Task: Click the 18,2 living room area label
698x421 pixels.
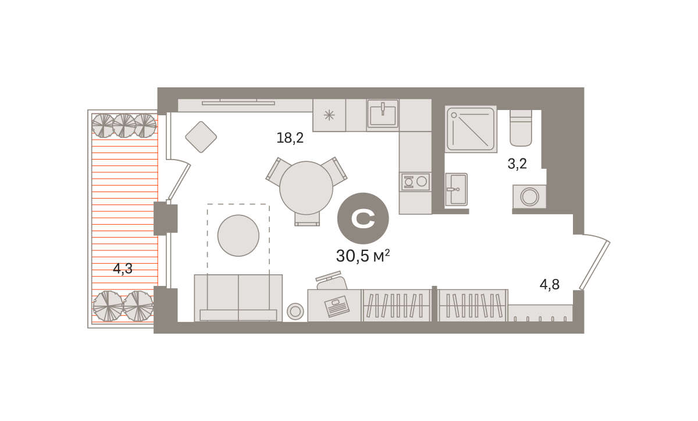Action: click(x=290, y=138)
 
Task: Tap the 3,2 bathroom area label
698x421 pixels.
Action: click(x=517, y=164)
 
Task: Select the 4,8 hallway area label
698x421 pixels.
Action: click(x=550, y=284)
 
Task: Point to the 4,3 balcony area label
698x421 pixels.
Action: click(x=123, y=268)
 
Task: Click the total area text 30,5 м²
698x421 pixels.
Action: click(x=363, y=256)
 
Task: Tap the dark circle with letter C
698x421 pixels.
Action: click(x=363, y=218)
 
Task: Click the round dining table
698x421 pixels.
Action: click(x=307, y=188)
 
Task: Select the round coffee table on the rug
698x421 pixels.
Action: click(x=238, y=235)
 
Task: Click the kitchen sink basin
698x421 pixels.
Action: click(x=383, y=114)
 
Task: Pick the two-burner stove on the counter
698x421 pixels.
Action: click(x=415, y=182)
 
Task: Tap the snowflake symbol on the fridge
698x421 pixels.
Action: click(x=329, y=115)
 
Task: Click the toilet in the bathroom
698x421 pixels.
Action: click(x=521, y=128)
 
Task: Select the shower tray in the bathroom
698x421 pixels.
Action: click(x=471, y=129)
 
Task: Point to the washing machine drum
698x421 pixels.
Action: click(x=530, y=197)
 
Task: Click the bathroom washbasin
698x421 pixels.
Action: click(x=456, y=190)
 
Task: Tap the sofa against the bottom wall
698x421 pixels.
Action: click(x=238, y=298)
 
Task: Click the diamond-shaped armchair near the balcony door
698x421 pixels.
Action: click(x=201, y=137)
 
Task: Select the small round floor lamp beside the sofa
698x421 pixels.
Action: click(x=295, y=311)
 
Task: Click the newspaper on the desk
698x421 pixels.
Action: click(x=337, y=306)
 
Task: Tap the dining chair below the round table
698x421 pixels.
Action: click(x=307, y=219)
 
